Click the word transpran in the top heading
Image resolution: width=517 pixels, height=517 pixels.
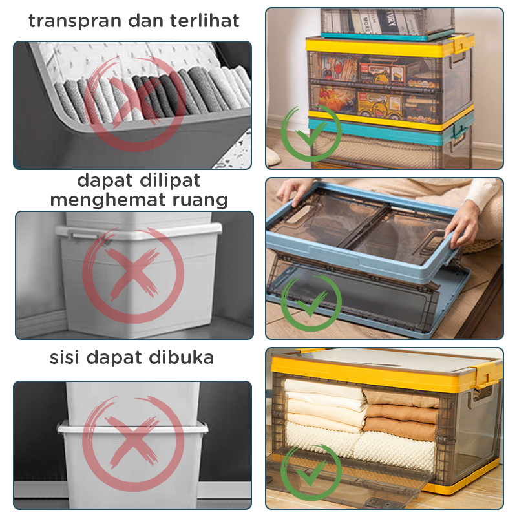pyautogui.click(x=75, y=21)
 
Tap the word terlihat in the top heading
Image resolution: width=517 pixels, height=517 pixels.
pyautogui.click(x=204, y=21)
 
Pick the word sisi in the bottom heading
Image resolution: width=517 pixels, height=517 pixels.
pyautogui.click(x=64, y=357)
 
